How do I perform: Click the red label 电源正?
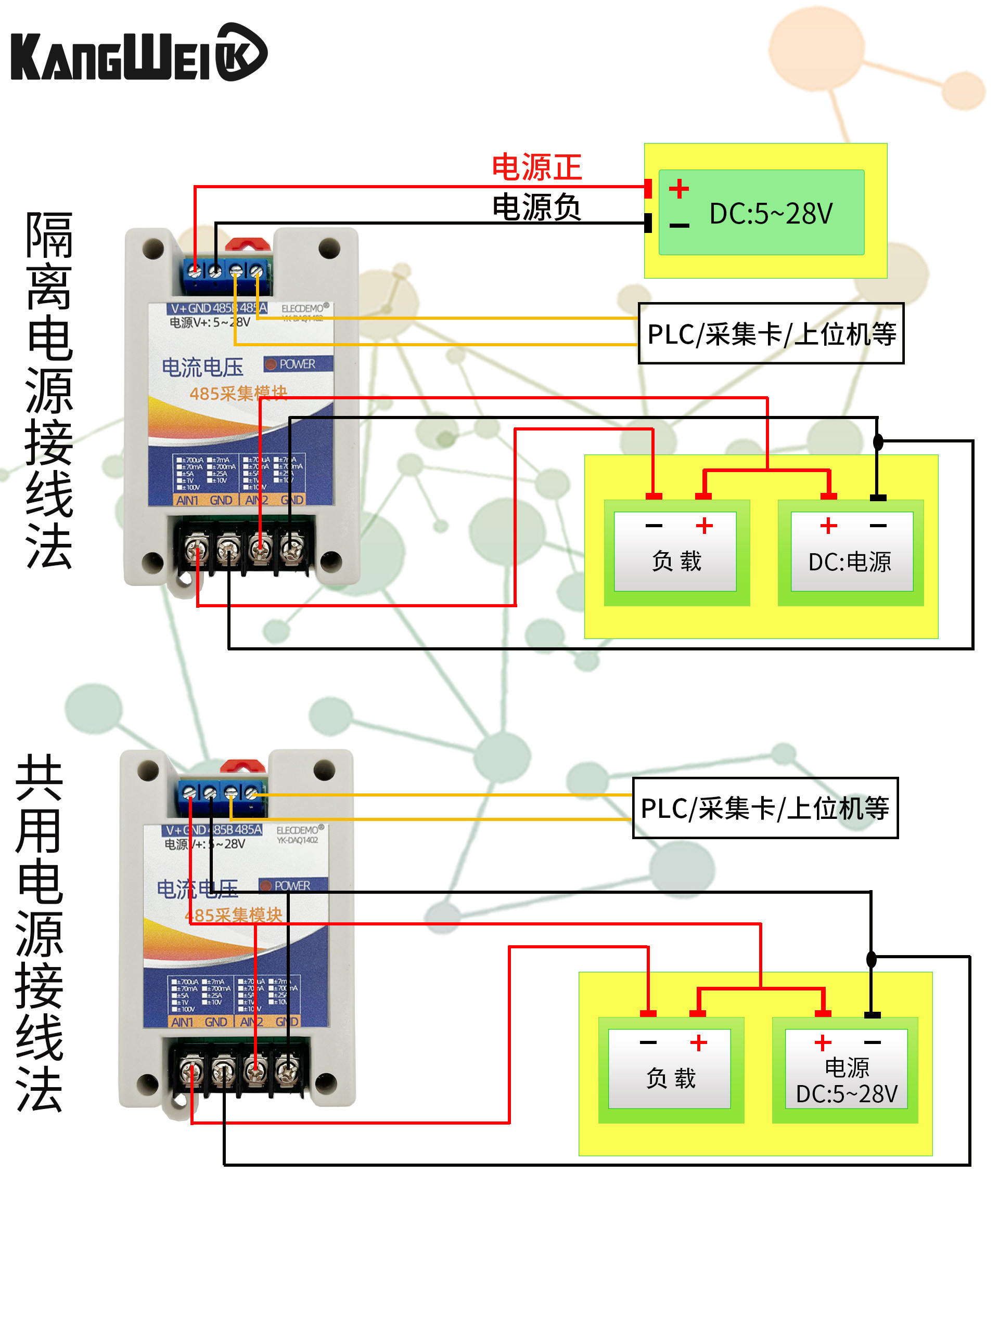coord(536,167)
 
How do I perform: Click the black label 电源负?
coord(536,207)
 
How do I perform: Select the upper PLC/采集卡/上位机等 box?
coord(771,334)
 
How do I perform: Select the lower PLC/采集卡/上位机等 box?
coord(765,808)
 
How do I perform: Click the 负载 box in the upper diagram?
coord(676,551)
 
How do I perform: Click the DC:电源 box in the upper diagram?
coord(851,551)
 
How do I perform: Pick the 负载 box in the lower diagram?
coord(670,1068)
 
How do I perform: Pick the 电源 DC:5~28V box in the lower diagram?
coord(846,1068)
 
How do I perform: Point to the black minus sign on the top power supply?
coord(679,226)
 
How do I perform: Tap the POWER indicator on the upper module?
coord(297,364)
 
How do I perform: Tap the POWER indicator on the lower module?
coord(292,886)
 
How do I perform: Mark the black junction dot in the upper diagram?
coord(878,442)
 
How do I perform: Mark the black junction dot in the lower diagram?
coord(870,959)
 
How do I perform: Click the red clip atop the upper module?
coord(248,244)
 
